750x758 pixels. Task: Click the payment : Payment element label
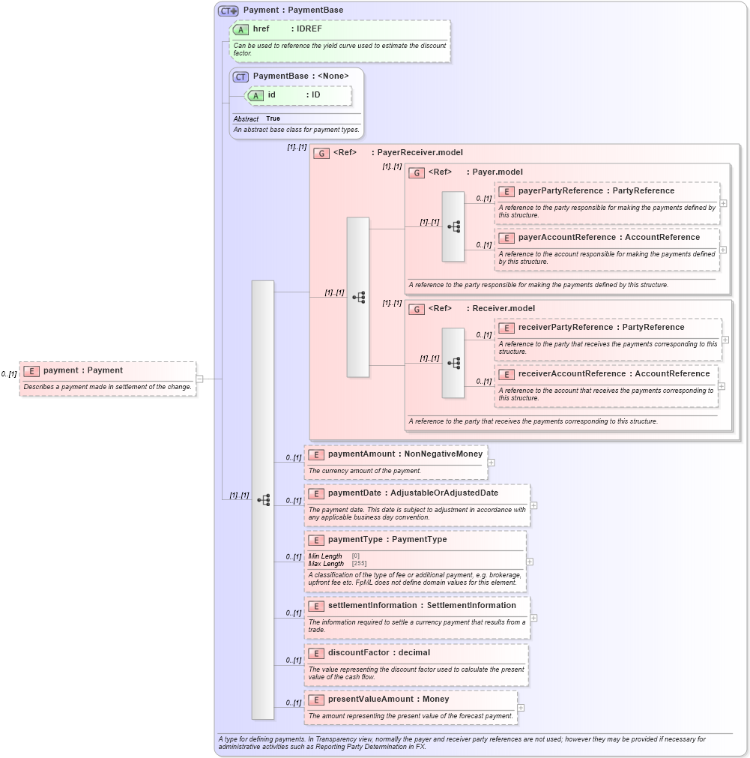coord(82,370)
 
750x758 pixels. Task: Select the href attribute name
coord(261,29)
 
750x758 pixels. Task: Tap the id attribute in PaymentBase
coord(271,95)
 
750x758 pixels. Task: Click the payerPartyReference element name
coord(560,191)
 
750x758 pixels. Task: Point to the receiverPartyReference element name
coord(565,328)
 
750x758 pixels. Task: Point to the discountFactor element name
coord(358,653)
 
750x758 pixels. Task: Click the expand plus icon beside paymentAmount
coord(492,463)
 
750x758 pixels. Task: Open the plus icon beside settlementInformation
coord(533,618)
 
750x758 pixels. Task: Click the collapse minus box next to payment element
coord(199,379)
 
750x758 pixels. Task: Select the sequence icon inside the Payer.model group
coord(453,226)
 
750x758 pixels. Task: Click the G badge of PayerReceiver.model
coord(321,153)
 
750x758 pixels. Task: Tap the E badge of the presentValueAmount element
coord(316,700)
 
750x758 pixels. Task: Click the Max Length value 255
coord(359,564)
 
